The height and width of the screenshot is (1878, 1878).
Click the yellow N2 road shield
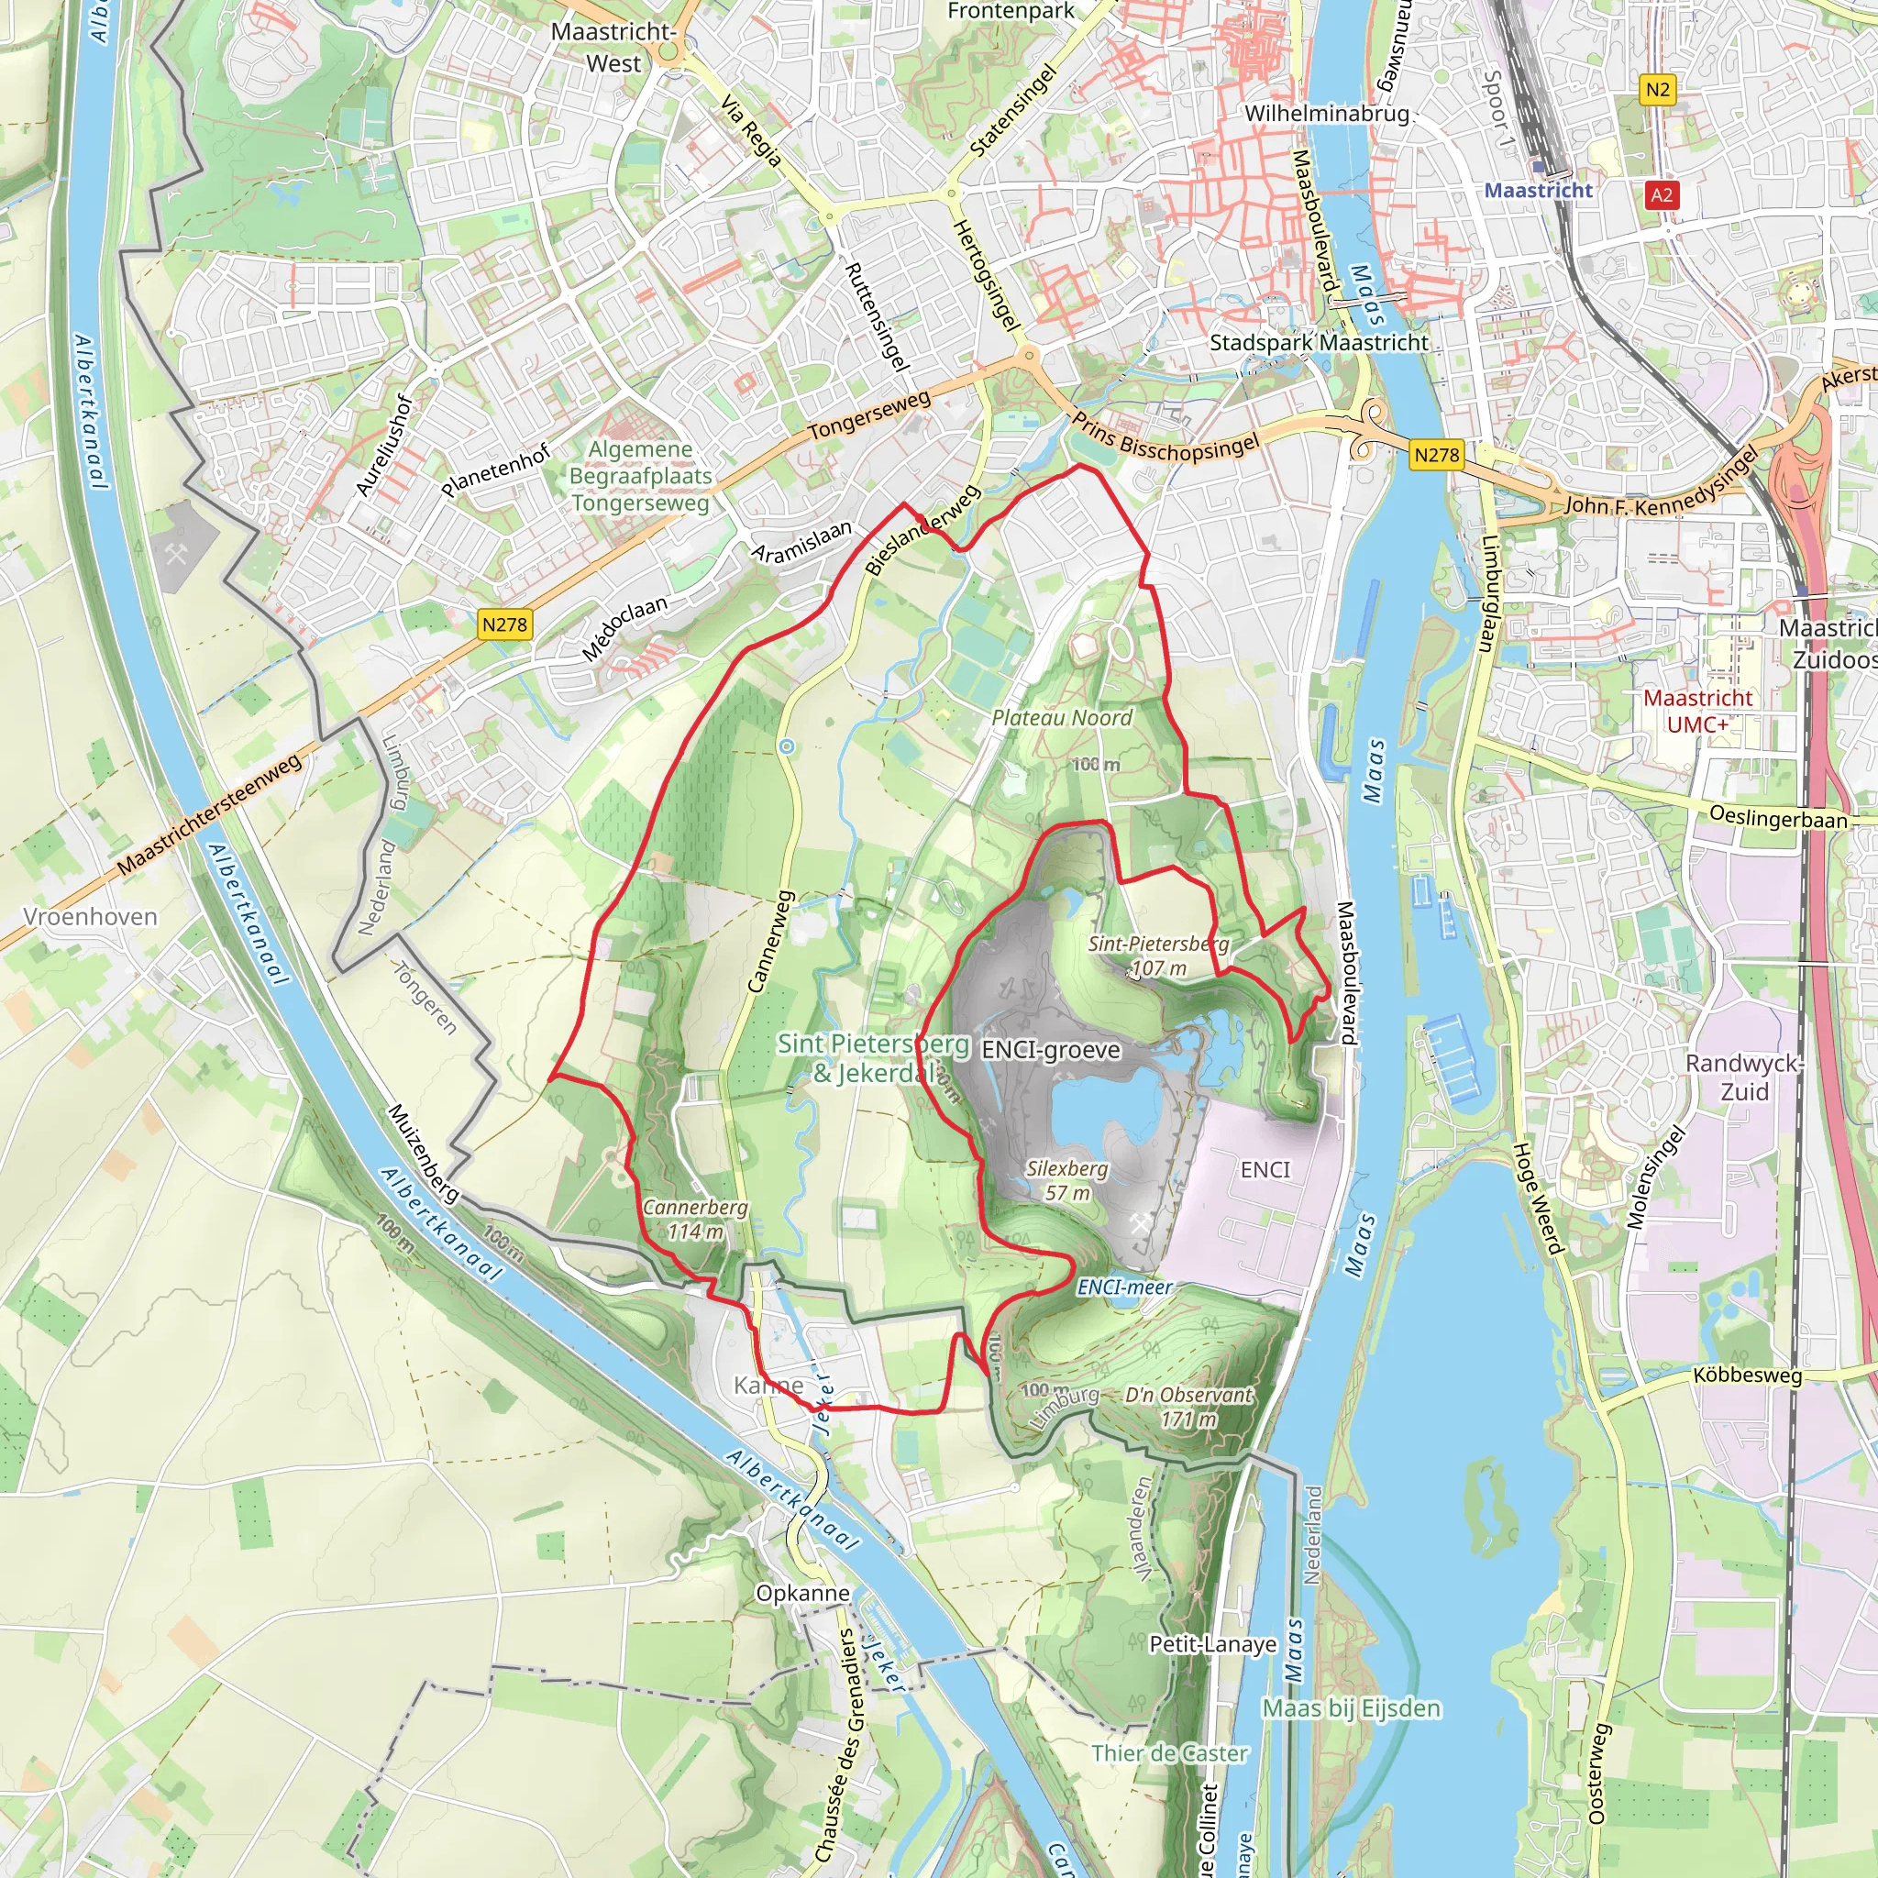(1657, 91)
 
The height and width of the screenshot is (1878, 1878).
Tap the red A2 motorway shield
(1662, 194)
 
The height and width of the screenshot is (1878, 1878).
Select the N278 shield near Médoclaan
(504, 624)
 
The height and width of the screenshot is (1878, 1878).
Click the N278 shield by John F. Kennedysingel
(1437, 454)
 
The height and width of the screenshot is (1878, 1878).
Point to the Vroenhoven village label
(91, 917)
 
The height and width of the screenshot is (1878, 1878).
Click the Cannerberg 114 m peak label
(695, 1219)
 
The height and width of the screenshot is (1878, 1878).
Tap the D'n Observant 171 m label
(1188, 1407)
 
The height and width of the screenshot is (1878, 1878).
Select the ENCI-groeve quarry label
(1050, 1050)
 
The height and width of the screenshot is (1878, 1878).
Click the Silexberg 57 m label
(1066, 1180)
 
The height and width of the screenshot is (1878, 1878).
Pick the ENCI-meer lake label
(1124, 1287)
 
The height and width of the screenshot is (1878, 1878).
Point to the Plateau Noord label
(1062, 717)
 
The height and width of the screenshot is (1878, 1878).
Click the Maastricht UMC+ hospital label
(1697, 711)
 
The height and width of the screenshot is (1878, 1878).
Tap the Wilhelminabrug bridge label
(1326, 113)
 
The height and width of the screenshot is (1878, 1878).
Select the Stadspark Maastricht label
(1318, 342)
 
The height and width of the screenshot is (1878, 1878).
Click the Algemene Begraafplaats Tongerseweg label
(641, 475)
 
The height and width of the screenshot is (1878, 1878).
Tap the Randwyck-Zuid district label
(1744, 1077)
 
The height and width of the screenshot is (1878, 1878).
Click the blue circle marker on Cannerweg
(788, 746)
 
